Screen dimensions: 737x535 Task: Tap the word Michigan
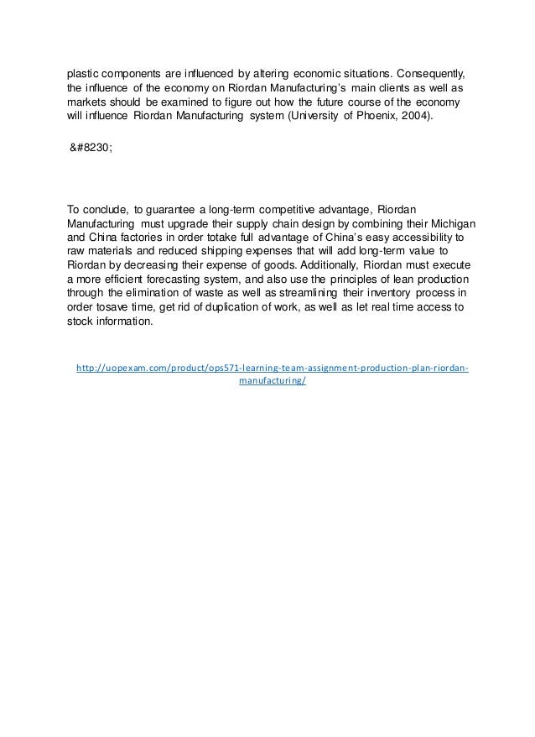tap(453, 224)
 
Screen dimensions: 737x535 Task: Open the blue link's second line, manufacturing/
tap(273, 380)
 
